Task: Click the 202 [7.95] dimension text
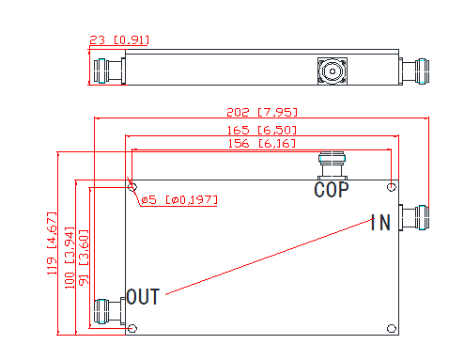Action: pos(262,112)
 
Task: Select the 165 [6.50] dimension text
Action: pos(261,130)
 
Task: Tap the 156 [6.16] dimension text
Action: pos(261,144)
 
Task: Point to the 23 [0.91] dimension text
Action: pos(119,40)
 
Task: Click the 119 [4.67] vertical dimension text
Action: pos(52,243)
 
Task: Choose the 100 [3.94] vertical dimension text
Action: pos(70,258)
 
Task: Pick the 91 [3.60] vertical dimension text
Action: pos(84,258)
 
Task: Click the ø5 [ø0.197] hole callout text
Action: pos(179,200)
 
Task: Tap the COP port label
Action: pos(332,190)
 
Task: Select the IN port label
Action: pos(380,223)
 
